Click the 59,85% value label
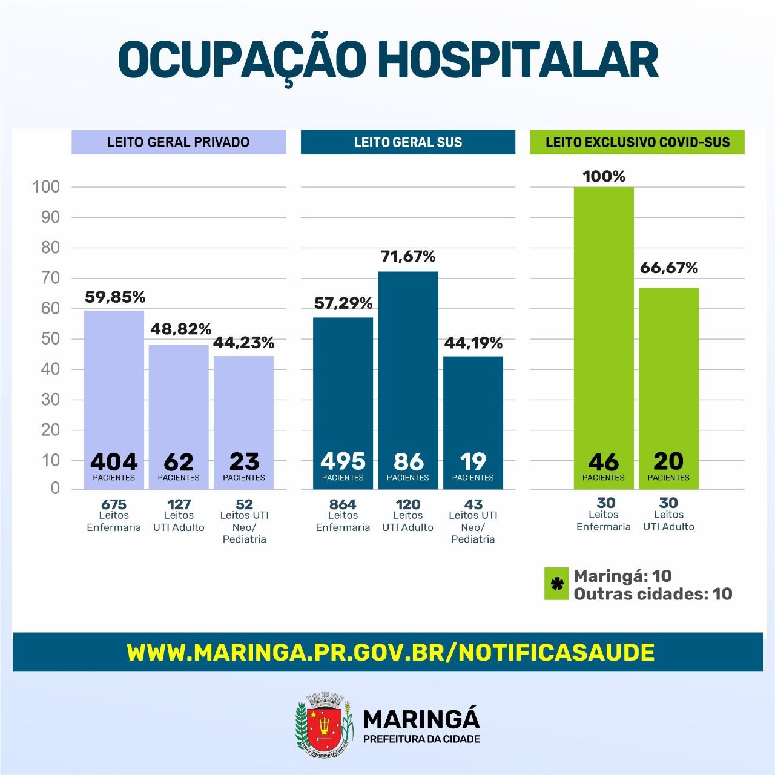pyautogui.click(x=114, y=297)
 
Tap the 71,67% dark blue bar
pyautogui.click(x=407, y=363)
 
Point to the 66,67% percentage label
pyautogui.click(x=669, y=268)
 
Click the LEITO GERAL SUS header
pyautogui.click(x=407, y=142)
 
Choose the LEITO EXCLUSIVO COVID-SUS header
pyautogui.click(x=637, y=142)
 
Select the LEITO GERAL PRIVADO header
pyautogui.click(x=179, y=142)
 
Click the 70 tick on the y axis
pyautogui.click(x=50, y=278)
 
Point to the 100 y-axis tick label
pyautogui.click(x=47, y=186)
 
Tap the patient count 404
pyautogui.click(x=114, y=462)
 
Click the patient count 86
pyautogui.click(x=408, y=462)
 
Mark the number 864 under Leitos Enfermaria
pyautogui.click(x=343, y=504)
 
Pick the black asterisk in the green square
pyautogui.click(x=556, y=584)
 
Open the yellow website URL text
pyautogui.click(x=391, y=652)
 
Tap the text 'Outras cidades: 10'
pyautogui.click(x=653, y=594)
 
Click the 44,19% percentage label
pyautogui.click(x=473, y=343)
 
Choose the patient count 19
pyautogui.click(x=473, y=461)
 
